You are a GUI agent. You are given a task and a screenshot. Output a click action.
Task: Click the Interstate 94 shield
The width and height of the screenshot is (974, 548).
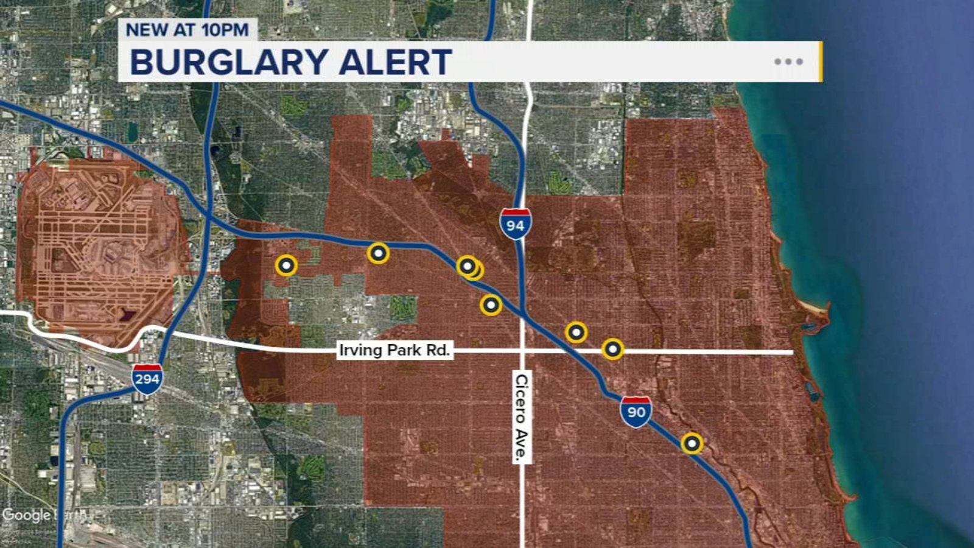click(515, 224)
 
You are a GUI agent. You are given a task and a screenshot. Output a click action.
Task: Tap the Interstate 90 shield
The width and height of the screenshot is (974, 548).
click(636, 412)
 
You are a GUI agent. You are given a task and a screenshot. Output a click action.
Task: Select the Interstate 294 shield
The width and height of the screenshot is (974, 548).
click(147, 379)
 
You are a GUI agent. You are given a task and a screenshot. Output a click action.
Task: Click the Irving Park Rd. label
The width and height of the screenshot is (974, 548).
click(394, 350)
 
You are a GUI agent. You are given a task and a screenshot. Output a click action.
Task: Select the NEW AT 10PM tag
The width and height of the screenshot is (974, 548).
click(187, 29)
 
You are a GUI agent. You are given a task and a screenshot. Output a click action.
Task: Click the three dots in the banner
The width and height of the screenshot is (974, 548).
click(788, 61)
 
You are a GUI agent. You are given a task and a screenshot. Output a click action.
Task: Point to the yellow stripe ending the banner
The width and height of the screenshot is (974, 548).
click(821, 61)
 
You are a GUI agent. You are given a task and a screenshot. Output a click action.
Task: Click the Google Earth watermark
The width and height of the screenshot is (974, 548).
click(43, 515)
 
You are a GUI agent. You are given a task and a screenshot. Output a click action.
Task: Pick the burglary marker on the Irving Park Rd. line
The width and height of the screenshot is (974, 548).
click(612, 349)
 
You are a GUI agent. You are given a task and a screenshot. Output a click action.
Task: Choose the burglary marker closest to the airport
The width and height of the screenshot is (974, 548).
click(286, 265)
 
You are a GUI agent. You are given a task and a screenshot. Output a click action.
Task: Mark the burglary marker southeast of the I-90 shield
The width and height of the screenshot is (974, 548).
click(692, 443)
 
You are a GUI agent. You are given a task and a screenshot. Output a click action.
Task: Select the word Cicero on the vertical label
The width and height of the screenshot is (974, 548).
click(522, 399)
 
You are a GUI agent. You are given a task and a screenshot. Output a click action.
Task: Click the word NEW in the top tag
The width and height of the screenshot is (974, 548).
click(147, 29)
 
